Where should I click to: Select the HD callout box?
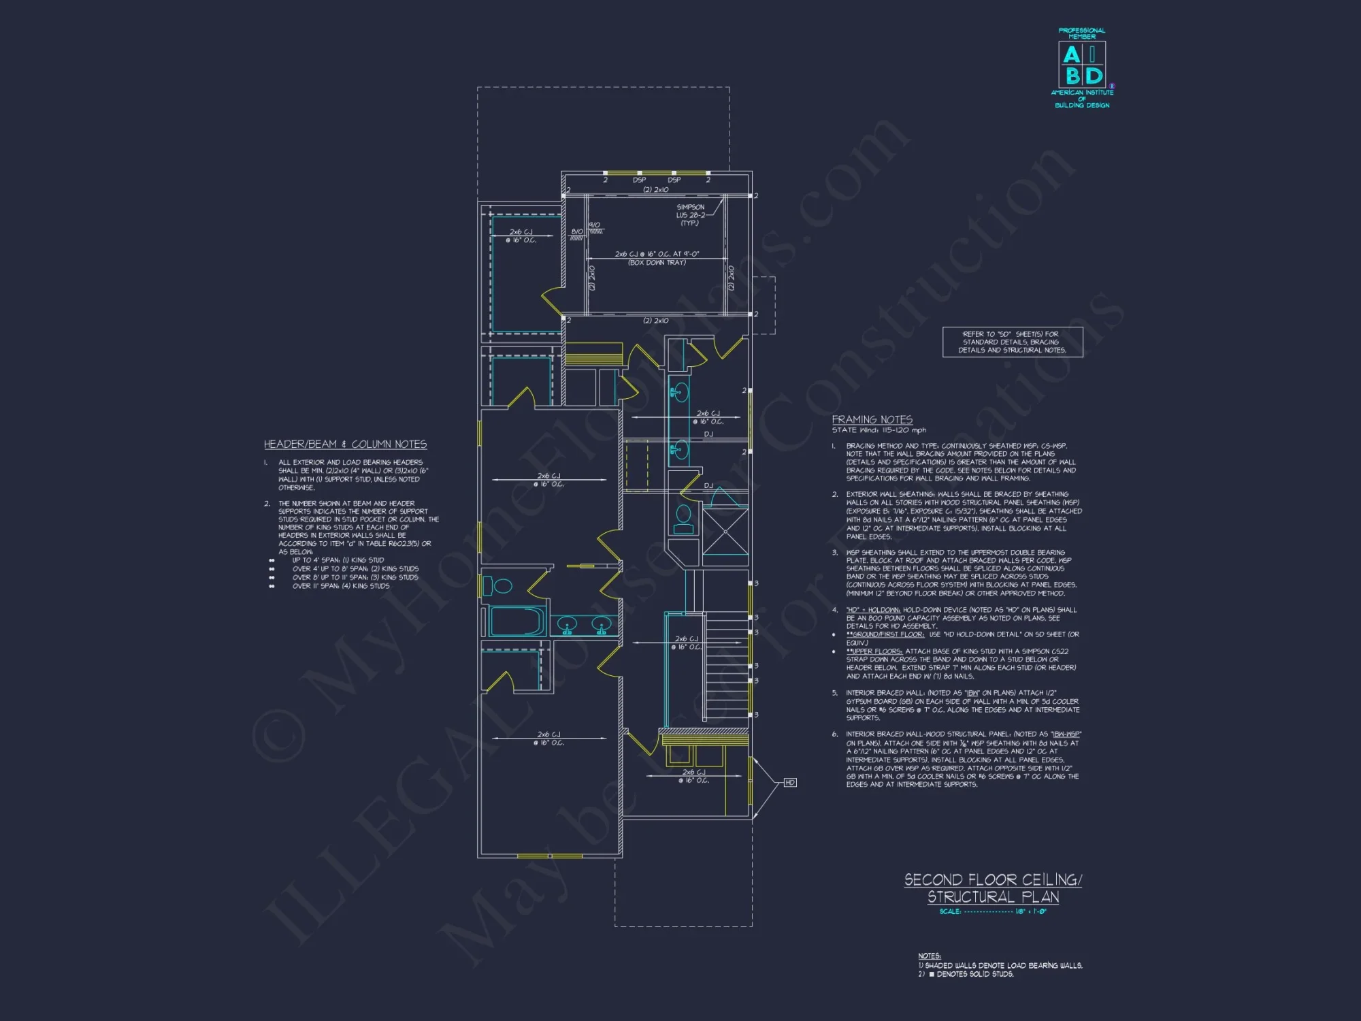click(790, 783)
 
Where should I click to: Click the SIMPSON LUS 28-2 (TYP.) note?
click(690, 215)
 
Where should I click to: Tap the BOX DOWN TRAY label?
click(657, 263)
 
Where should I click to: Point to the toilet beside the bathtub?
click(502, 586)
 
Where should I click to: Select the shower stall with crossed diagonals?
click(725, 531)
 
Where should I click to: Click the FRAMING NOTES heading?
click(872, 420)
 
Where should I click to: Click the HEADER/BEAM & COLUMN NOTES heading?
click(345, 444)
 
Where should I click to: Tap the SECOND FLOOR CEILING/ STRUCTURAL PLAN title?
click(993, 888)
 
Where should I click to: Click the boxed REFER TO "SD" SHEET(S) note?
click(1012, 342)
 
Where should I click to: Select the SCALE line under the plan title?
click(993, 911)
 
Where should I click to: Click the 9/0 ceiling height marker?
click(594, 225)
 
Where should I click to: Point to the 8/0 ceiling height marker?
click(577, 232)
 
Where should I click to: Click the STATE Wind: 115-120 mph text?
click(879, 430)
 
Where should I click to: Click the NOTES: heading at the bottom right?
click(929, 956)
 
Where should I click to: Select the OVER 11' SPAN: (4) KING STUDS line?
click(340, 586)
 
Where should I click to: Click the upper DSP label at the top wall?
click(639, 180)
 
